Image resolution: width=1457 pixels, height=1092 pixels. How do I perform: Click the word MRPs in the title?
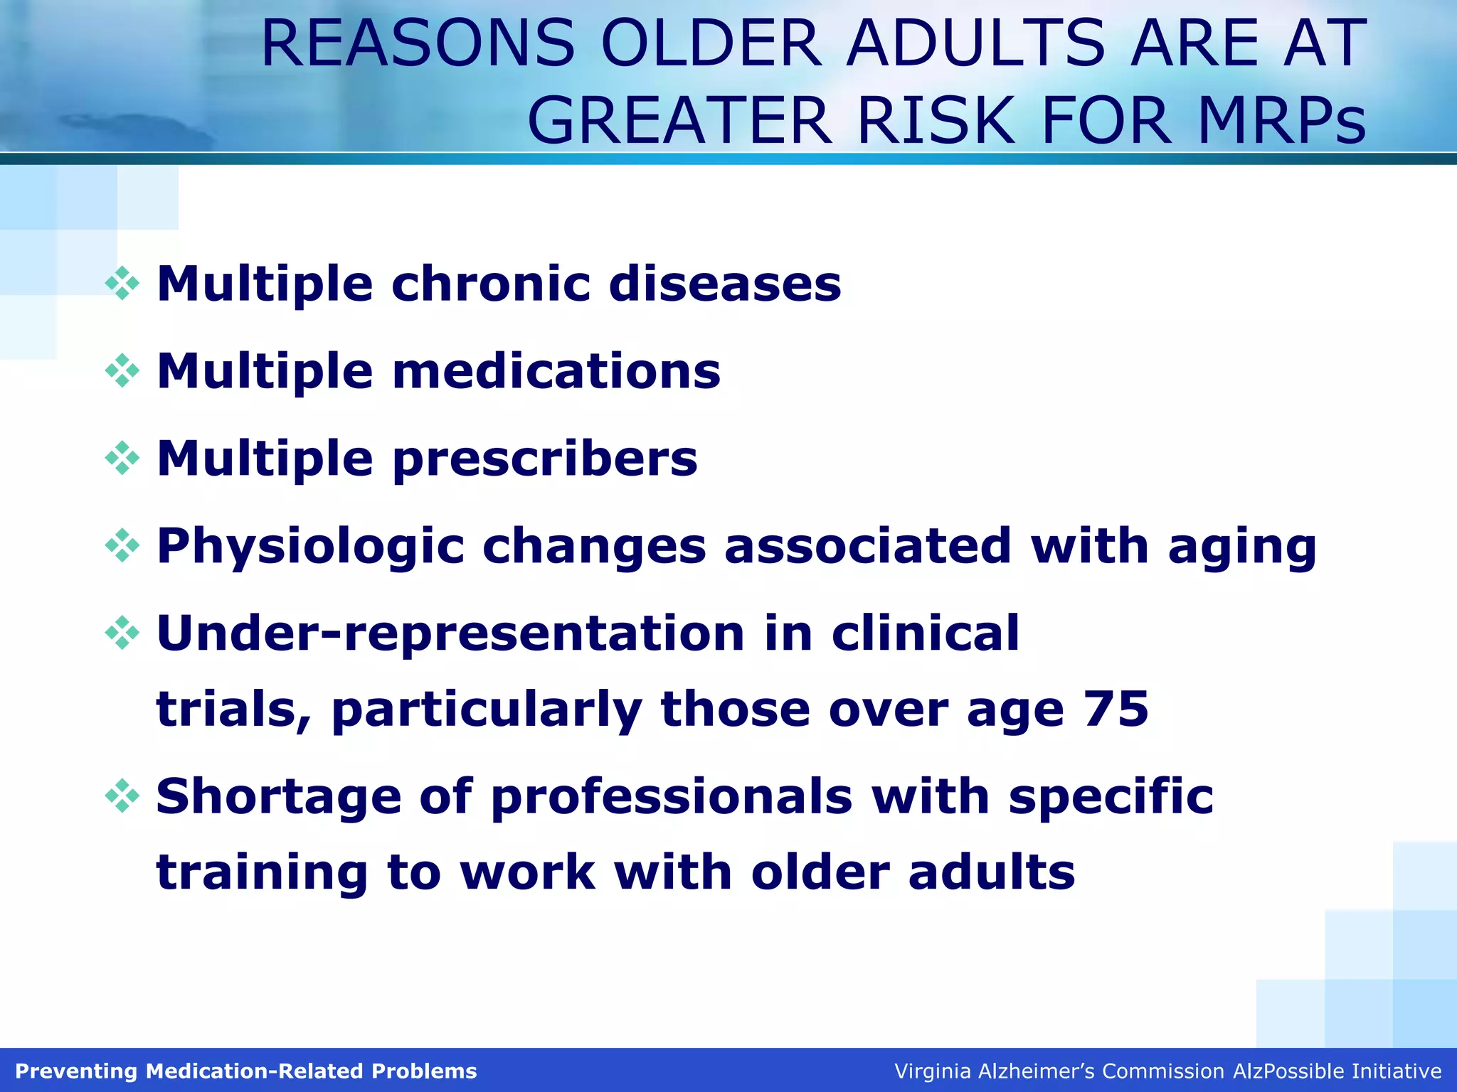[1281, 121]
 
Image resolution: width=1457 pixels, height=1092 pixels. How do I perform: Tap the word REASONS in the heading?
[418, 44]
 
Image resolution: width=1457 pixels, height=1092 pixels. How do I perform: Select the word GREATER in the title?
[679, 121]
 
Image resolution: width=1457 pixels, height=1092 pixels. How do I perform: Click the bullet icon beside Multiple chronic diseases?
[122, 284]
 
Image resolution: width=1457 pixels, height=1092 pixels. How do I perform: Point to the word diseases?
[725, 284]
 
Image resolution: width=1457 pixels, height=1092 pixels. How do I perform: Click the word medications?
[556, 371]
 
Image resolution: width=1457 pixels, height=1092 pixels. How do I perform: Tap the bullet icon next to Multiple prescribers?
[122, 459]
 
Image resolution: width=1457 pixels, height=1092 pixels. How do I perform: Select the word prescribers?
[545, 460]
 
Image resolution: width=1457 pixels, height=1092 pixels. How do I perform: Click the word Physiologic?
[310, 547]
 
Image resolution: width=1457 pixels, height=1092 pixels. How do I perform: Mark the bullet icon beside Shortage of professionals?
[122, 796]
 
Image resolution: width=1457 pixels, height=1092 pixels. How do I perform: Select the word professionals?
[672, 798]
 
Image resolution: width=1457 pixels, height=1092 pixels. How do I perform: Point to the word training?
[262, 874]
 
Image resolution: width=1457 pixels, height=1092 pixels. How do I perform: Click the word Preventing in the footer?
[76, 1071]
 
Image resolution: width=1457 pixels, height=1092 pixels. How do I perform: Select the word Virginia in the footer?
[932, 1071]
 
